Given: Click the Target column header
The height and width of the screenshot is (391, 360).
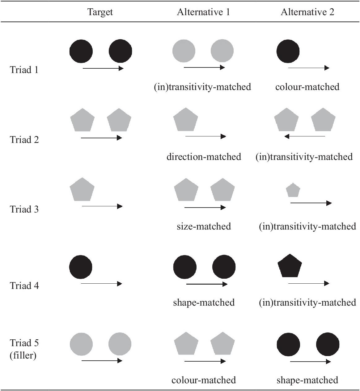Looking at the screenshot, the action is click(x=100, y=12).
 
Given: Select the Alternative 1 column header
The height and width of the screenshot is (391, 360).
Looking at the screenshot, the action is click(x=203, y=12).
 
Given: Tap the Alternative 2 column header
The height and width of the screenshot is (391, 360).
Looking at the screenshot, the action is click(x=307, y=12).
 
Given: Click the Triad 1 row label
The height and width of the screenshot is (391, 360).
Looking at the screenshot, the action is click(x=24, y=70).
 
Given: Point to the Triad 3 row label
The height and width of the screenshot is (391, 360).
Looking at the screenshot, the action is click(x=24, y=209).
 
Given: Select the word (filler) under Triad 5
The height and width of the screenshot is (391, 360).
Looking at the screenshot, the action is click(x=23, y=355).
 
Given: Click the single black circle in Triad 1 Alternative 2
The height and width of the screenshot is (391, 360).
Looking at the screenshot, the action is click(x=288, y=51).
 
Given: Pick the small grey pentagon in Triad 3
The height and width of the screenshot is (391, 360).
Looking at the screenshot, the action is click(x=293, y=190).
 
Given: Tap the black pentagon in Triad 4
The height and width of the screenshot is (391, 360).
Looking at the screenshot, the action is click(x=290, y=266).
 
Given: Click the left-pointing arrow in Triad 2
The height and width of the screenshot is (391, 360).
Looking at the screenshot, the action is click(x=305, y=136).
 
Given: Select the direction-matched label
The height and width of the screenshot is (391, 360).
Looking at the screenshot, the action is click(x=204, y=157).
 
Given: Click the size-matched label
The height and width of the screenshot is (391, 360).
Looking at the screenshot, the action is click(x=204, y=226).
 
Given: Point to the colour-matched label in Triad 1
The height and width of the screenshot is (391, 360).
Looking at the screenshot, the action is click(x=307, y=87).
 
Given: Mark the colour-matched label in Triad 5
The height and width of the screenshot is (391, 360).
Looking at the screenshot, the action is click(x=204, y=380).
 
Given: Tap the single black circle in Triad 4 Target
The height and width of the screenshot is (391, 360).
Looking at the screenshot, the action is click(x=81, y=267).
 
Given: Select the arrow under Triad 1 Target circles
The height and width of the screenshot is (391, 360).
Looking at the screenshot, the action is click(x=103, y=68).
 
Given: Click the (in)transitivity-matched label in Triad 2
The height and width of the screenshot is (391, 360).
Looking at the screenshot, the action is click(x=304, y=157).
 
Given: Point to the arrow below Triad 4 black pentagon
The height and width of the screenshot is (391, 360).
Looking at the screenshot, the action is click(x=309, y=283).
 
